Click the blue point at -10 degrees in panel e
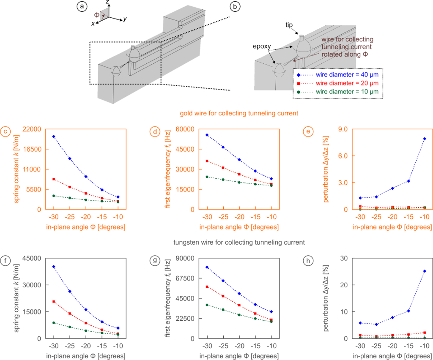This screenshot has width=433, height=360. pos(424,139)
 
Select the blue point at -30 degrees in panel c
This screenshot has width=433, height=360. pos(54,136)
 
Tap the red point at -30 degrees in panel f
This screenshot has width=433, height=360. pos(54,302)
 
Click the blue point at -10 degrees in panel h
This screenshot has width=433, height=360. pos(424,271)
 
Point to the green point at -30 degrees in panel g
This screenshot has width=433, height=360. pos(207,305)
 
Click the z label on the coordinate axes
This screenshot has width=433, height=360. pos(108,3)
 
